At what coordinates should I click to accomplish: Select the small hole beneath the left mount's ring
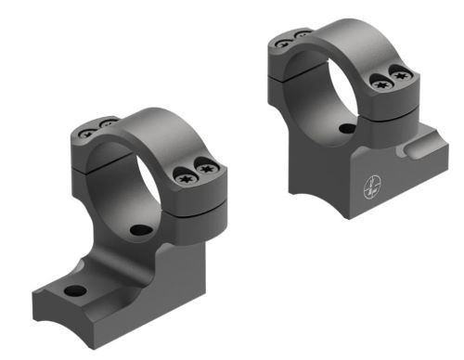140,229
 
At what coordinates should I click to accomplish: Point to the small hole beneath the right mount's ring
346,129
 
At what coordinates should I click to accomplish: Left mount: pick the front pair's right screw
209,170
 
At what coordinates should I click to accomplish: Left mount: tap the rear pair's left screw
86,131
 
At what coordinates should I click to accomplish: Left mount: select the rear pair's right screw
106,123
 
